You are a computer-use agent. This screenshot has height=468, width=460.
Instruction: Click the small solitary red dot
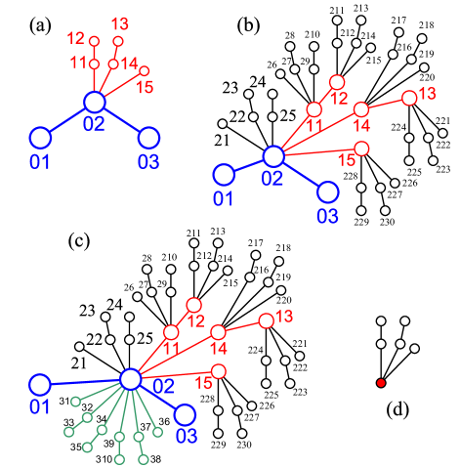[x=381, y=383]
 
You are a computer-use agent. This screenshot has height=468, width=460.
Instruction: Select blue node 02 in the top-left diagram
[x=94, y=102]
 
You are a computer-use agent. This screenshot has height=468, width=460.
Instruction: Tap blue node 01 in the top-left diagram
[x=40, y=138]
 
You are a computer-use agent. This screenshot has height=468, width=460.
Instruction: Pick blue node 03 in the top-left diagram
[x=148, y=138]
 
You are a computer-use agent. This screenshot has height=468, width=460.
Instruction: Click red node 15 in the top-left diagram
[x=144, y=70]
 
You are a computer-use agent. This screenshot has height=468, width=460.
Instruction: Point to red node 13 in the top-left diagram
[x=118, y=41]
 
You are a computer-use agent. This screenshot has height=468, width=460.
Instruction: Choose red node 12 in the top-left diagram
[x=94, y=41]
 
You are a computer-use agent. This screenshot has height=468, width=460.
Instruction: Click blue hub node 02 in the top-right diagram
[x=273, y=156]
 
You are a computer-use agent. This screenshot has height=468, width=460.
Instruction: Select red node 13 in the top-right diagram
[x=409, y=98]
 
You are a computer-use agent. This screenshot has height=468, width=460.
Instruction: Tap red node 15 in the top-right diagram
[x=361, y=149]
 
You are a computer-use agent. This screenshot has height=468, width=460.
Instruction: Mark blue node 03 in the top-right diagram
[x=328, y=191]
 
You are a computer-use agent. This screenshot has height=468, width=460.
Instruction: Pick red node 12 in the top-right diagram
[x=337, y=82]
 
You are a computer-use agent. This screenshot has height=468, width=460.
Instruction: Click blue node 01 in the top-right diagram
[x=224, y=175]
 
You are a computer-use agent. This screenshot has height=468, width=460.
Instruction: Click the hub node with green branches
[x=130, y=379]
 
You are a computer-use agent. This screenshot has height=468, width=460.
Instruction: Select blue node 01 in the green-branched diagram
[x=40, y=385]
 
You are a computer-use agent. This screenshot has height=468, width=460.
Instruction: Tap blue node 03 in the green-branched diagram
[x=185, y=414]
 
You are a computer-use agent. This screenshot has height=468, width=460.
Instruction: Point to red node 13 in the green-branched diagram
[x=266, y=320]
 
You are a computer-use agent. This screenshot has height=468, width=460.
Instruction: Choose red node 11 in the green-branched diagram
[x=171, y=332]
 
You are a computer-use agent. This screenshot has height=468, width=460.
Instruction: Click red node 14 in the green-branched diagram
[x=218, y=332]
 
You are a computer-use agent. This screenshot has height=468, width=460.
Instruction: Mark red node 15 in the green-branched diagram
[x=218, y=371]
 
